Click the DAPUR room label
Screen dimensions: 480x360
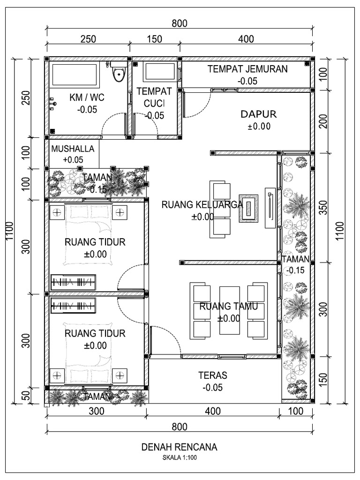click(259, 114)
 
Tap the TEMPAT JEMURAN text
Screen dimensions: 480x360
click(247, 69)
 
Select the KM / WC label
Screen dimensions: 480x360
click(87, 97)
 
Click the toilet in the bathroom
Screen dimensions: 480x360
click(119, 74)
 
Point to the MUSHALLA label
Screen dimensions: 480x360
click(73, 149)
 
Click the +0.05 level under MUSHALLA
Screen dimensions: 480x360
click(73, 160)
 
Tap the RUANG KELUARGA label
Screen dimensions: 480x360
click(202, 204)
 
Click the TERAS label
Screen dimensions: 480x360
click(212, 375)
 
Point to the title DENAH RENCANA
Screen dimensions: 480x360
click(180, 447)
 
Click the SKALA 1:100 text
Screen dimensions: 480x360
click(180, 458)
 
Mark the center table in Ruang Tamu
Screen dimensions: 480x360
click(229, 310)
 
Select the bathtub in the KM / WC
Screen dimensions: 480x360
click(74, 74)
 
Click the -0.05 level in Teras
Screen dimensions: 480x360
click(212, 387)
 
